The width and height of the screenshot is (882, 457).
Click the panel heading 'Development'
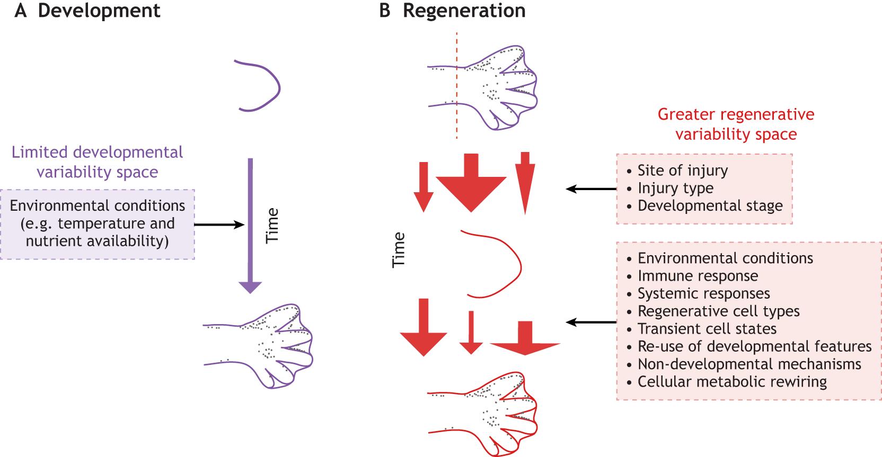coord(99,11)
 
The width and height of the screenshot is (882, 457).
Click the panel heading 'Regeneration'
coord(464,11)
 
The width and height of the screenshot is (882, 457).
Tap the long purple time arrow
coord(250,222)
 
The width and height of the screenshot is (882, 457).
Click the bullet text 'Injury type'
coord(675,188)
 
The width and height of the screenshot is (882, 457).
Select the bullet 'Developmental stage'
coord(710,205)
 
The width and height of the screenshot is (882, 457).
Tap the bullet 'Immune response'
coord(698,276)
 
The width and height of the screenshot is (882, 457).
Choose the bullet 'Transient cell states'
coord(707,329)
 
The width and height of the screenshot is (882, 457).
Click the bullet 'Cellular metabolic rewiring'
coord(732,382)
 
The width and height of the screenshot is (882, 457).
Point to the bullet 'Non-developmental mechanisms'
coord(749,364)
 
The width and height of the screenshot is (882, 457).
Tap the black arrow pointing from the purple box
coord(219,225)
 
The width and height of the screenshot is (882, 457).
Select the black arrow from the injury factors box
coord(591,189)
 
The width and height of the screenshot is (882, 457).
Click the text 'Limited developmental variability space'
coord(98,162)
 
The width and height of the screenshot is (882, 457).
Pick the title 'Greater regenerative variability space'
coord(736,124)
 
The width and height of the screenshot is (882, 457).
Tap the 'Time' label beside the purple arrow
coord(272,226)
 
